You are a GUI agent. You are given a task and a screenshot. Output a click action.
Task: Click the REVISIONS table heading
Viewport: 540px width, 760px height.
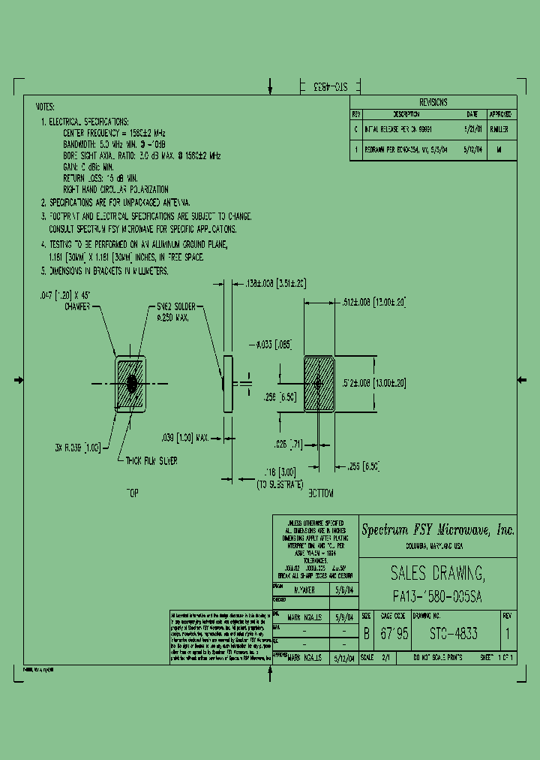click(433, 102)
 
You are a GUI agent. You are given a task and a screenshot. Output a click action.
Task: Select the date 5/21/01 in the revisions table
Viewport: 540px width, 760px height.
click(472, 129)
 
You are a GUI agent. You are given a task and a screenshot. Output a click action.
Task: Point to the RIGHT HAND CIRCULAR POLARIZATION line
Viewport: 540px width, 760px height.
click(115, 190)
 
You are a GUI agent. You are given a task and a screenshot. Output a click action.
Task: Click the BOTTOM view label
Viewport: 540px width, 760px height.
click(319, 493)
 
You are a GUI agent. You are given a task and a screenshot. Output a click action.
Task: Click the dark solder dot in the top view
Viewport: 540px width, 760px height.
click(132, 384)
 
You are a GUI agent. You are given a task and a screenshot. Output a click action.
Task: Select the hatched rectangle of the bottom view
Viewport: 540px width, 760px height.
click(319, 384)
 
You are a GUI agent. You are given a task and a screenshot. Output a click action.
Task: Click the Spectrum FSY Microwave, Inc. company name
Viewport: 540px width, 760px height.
click(438, 530)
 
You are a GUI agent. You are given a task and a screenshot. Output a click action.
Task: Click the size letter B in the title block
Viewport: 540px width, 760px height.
click(366, 634)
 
